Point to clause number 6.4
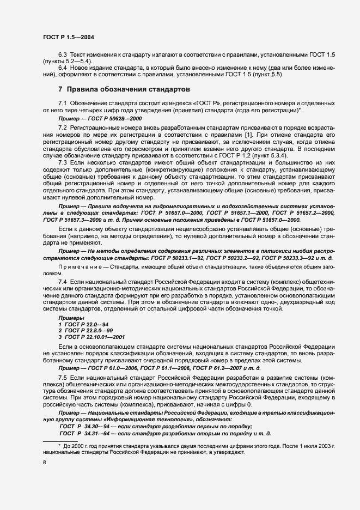63,67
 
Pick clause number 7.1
63,103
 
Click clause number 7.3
63,162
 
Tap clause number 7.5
63,378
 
